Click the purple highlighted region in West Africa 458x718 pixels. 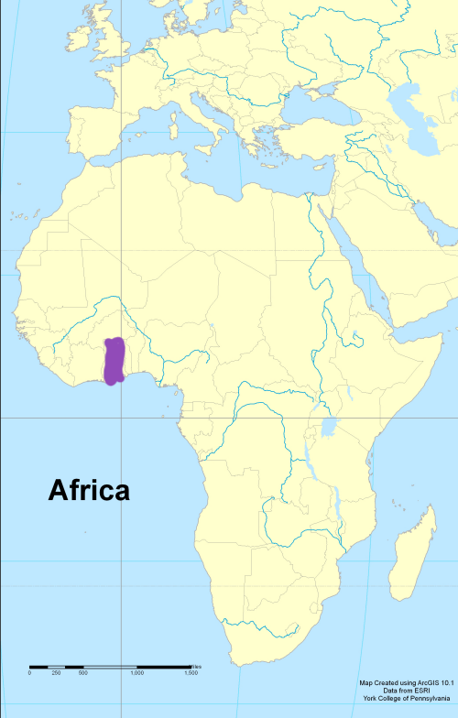pyautogui.click(x=114, y=361)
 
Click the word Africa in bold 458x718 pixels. pyautogui.click(x=89, y=491)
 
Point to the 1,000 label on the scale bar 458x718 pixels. pyautogui.click(x=136, y=673)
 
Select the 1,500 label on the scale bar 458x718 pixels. pyautogui.click(x=191, y=673)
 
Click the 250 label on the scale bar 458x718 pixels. pyautogui.click(x=56, y=673)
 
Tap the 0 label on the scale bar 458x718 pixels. pyautogui.click(x=29, y=673)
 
